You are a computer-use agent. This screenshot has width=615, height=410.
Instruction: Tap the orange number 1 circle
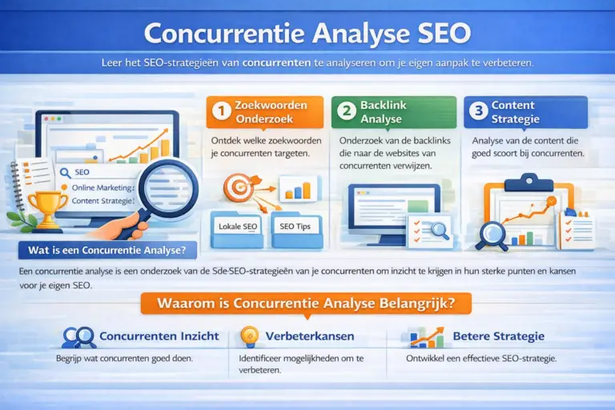click(x=220, y=112)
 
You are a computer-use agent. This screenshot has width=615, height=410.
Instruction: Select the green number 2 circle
click(x=346, y=112)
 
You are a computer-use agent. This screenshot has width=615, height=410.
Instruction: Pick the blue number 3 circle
click(x=478, y=112)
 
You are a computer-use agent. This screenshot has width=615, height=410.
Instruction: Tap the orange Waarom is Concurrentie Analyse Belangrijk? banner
click(x=307, y=303)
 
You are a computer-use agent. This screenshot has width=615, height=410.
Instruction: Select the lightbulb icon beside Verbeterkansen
click(x=250, y=336)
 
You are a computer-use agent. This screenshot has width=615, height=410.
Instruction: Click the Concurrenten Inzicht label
click(x=159, y=336)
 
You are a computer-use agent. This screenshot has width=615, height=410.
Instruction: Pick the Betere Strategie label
click(x=498, y=336)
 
